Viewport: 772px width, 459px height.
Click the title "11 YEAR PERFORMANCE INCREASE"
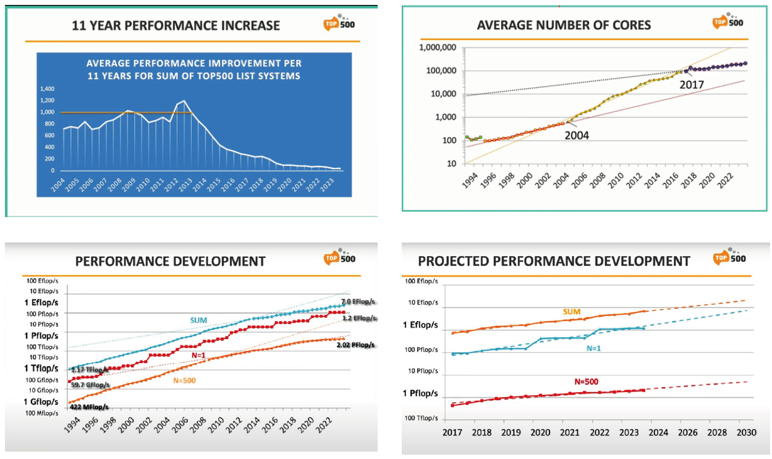(176, 26)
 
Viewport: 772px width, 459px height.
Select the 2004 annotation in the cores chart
(576, 135)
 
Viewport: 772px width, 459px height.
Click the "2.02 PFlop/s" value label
(355, 345)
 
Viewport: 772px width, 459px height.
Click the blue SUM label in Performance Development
(198, 320)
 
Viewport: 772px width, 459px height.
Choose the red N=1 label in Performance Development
(200, 356)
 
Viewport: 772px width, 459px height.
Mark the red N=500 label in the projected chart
(586, 381)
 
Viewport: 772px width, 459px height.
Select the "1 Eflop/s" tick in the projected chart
(421, 325)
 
